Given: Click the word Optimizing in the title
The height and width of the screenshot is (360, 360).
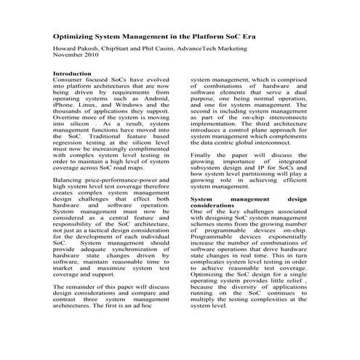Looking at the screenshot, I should pyautogui.click(x=75, y=36).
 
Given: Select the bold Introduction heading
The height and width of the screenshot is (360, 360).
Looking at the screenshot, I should pyautogui.click(x=72, y=73).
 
